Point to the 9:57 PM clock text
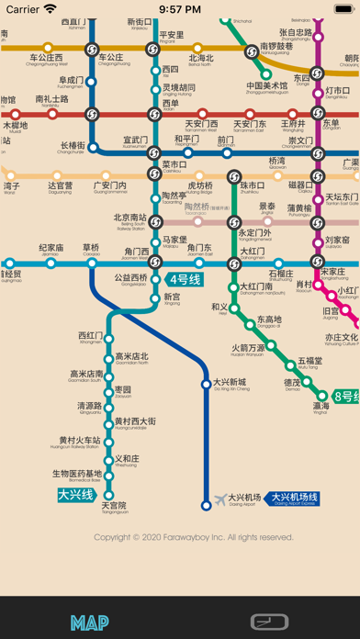(x=180, y=9)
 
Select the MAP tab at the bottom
(x=89, y=622)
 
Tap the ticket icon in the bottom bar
(x=270, y=622)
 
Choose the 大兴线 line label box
(x=76, y=495)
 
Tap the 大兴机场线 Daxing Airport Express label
(x=293, y=499)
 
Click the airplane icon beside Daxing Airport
(x=219, y=499)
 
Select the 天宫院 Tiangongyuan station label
(x=114, y=507)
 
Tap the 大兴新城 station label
(x=231, y=384)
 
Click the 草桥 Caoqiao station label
(x=91, y=249)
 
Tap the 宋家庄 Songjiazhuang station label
(x=333, y=274)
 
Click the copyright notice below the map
(x=194, y=537)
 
